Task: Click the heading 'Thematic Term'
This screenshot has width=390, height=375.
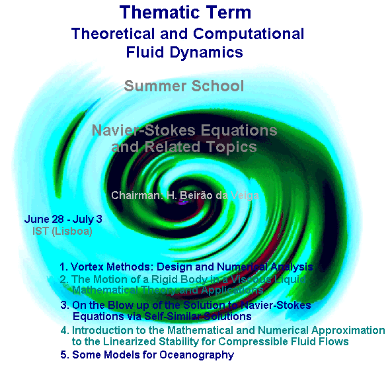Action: (186, 12)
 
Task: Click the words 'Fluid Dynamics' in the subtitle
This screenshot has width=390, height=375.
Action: (184, 51)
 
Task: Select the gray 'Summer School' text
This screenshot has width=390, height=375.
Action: (184, 86)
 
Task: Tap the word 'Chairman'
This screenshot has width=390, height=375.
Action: (134, 196)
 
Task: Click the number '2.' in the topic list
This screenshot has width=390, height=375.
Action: (64, 279)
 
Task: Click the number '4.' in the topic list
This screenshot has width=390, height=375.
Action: (64, 330)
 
